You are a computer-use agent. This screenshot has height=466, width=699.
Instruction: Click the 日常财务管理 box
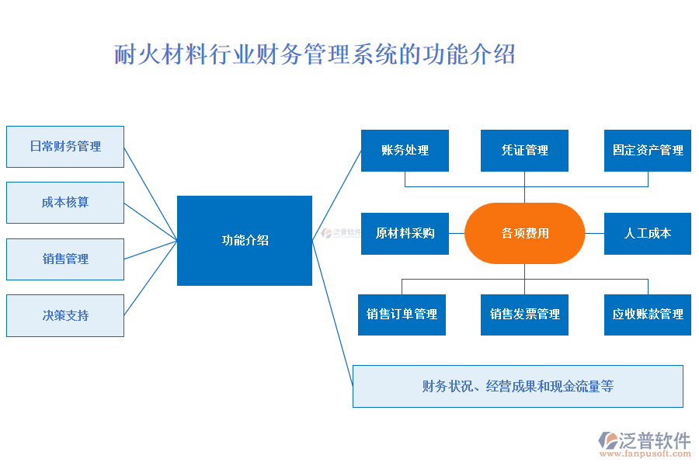click(x=65, y=147)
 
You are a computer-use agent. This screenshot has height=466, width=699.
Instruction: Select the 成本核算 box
click(x=65, y=203)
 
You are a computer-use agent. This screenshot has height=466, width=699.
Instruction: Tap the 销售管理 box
click(x=65, y=259)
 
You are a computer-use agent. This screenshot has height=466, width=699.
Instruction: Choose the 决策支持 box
click(x=65, y=315)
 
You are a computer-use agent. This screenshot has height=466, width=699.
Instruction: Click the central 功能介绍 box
click(x=245, y=241)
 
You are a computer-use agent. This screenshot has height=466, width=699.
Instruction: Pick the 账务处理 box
click(x=405, y=151)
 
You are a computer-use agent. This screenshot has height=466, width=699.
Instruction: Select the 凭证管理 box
click(x=524, y=151)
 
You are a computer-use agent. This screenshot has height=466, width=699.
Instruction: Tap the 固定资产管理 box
click(x=648, y=151)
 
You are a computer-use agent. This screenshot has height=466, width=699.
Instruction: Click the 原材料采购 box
click(x=405, y=233)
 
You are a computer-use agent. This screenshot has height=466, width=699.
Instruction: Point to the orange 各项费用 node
click(x=524, y=233)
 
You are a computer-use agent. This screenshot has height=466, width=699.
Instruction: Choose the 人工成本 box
click(x=648, y=233)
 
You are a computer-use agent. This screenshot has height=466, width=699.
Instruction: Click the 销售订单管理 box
click(x=402, y=315)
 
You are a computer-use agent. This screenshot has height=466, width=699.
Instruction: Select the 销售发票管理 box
click(x=524, y=315)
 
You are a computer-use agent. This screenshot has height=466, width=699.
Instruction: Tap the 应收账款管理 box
click(x=648, y=315)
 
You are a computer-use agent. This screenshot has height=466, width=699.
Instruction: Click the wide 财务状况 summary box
click(x=518, y=386)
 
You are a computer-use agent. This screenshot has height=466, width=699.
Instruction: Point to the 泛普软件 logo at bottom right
click(x=645, y=440)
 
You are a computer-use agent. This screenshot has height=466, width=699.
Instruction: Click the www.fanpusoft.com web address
click(x=646, y=455)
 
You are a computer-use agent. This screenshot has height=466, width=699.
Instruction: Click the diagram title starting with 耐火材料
click(x=315, y=55)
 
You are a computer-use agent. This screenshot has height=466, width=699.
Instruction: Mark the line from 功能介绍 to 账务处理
click(x=337, y=195)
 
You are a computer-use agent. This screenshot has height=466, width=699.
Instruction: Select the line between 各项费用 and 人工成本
click(x=594, y=233)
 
